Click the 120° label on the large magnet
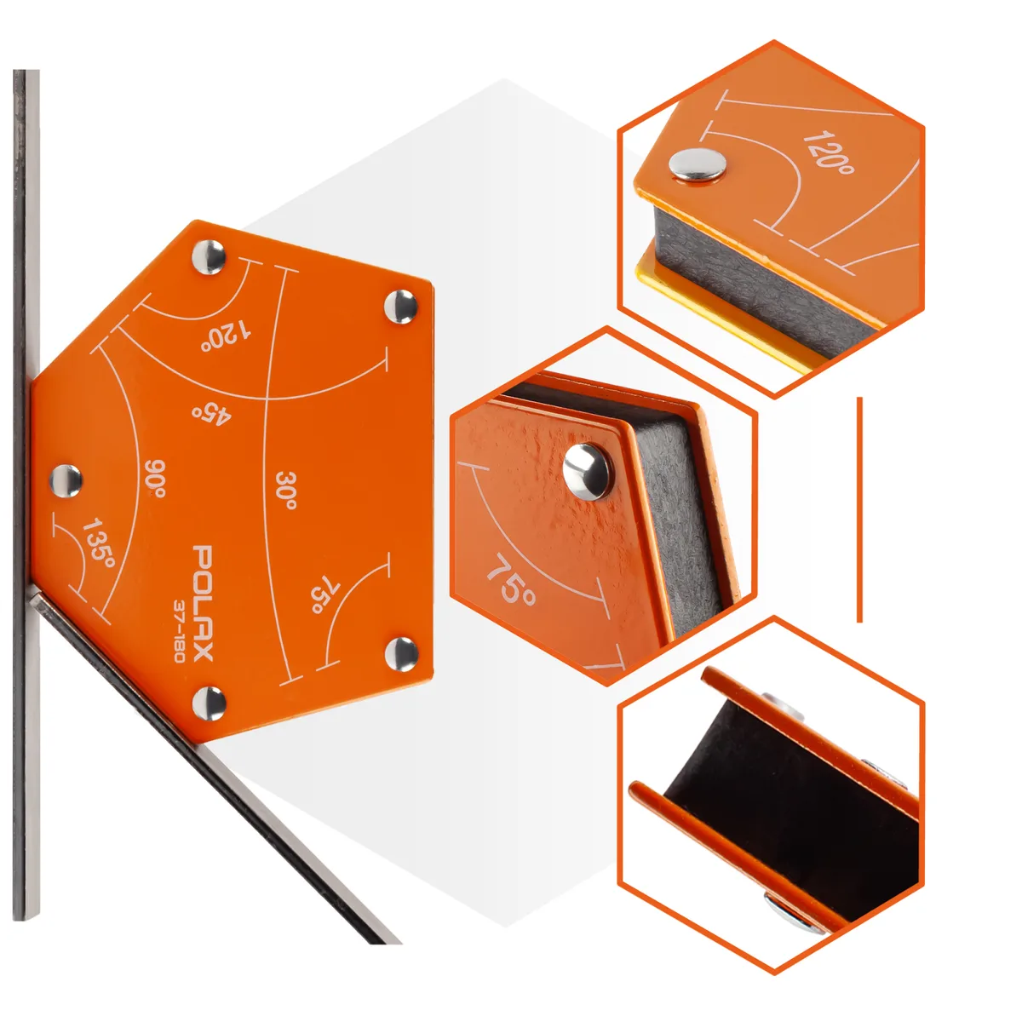[x=226, y=336]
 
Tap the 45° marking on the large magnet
[x=212, y=413]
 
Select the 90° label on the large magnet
[x=155, y=479]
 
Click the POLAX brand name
[x=202, y=602]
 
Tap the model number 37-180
[x=179, y=631]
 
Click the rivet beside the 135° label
[x=66, y=481]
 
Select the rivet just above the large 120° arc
[x=209, y=256]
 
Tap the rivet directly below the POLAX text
[x=209, y=703]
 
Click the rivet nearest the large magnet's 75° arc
[x=401, y=654]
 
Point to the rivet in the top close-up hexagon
[x=698, y=165]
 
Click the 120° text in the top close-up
[x=829, y=152]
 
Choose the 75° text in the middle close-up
[x=510, y=580]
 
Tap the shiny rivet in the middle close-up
[x=587, y=472]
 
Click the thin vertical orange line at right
[x=859, y=509]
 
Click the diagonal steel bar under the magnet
[x=212, y=764]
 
